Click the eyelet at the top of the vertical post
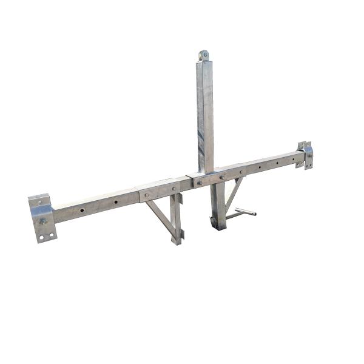[204, 55]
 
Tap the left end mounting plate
[41, 218]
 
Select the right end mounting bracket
[306, 155]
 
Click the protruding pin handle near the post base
[245, 212]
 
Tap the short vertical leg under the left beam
[177, 218]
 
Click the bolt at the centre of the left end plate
[43, 221]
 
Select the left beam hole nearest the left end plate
[82, 210]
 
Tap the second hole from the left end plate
[115, 201]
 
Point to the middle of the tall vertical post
[205, 115]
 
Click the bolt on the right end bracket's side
[309, 156]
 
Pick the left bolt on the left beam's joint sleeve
[146, 195]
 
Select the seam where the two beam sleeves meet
[193, 180]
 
